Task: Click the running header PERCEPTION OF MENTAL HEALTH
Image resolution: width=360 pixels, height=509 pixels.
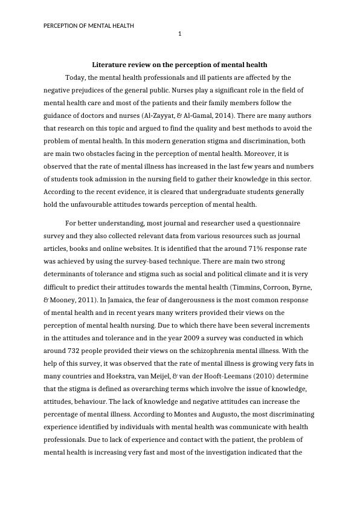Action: coord(89,25)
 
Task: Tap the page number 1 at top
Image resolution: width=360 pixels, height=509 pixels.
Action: coord(179,34)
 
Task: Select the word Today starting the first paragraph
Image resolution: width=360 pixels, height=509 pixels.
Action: coord(75,77)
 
